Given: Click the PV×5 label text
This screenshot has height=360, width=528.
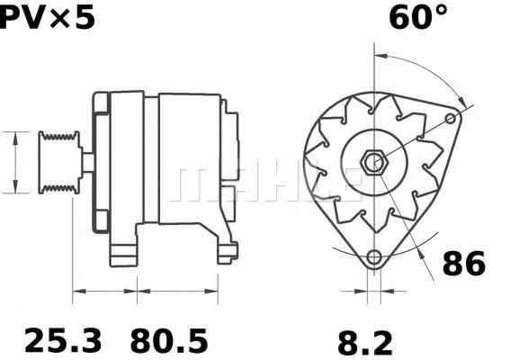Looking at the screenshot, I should (47, 19).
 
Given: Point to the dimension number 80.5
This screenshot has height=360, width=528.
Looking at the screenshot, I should (168, 341).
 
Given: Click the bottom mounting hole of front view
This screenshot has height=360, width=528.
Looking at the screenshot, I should (372, 256).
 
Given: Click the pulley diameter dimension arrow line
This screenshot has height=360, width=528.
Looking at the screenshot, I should (15, 162).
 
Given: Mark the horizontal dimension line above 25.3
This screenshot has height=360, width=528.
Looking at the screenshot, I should (104, 291).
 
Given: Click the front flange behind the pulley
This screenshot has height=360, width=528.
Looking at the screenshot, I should (99, 162).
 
